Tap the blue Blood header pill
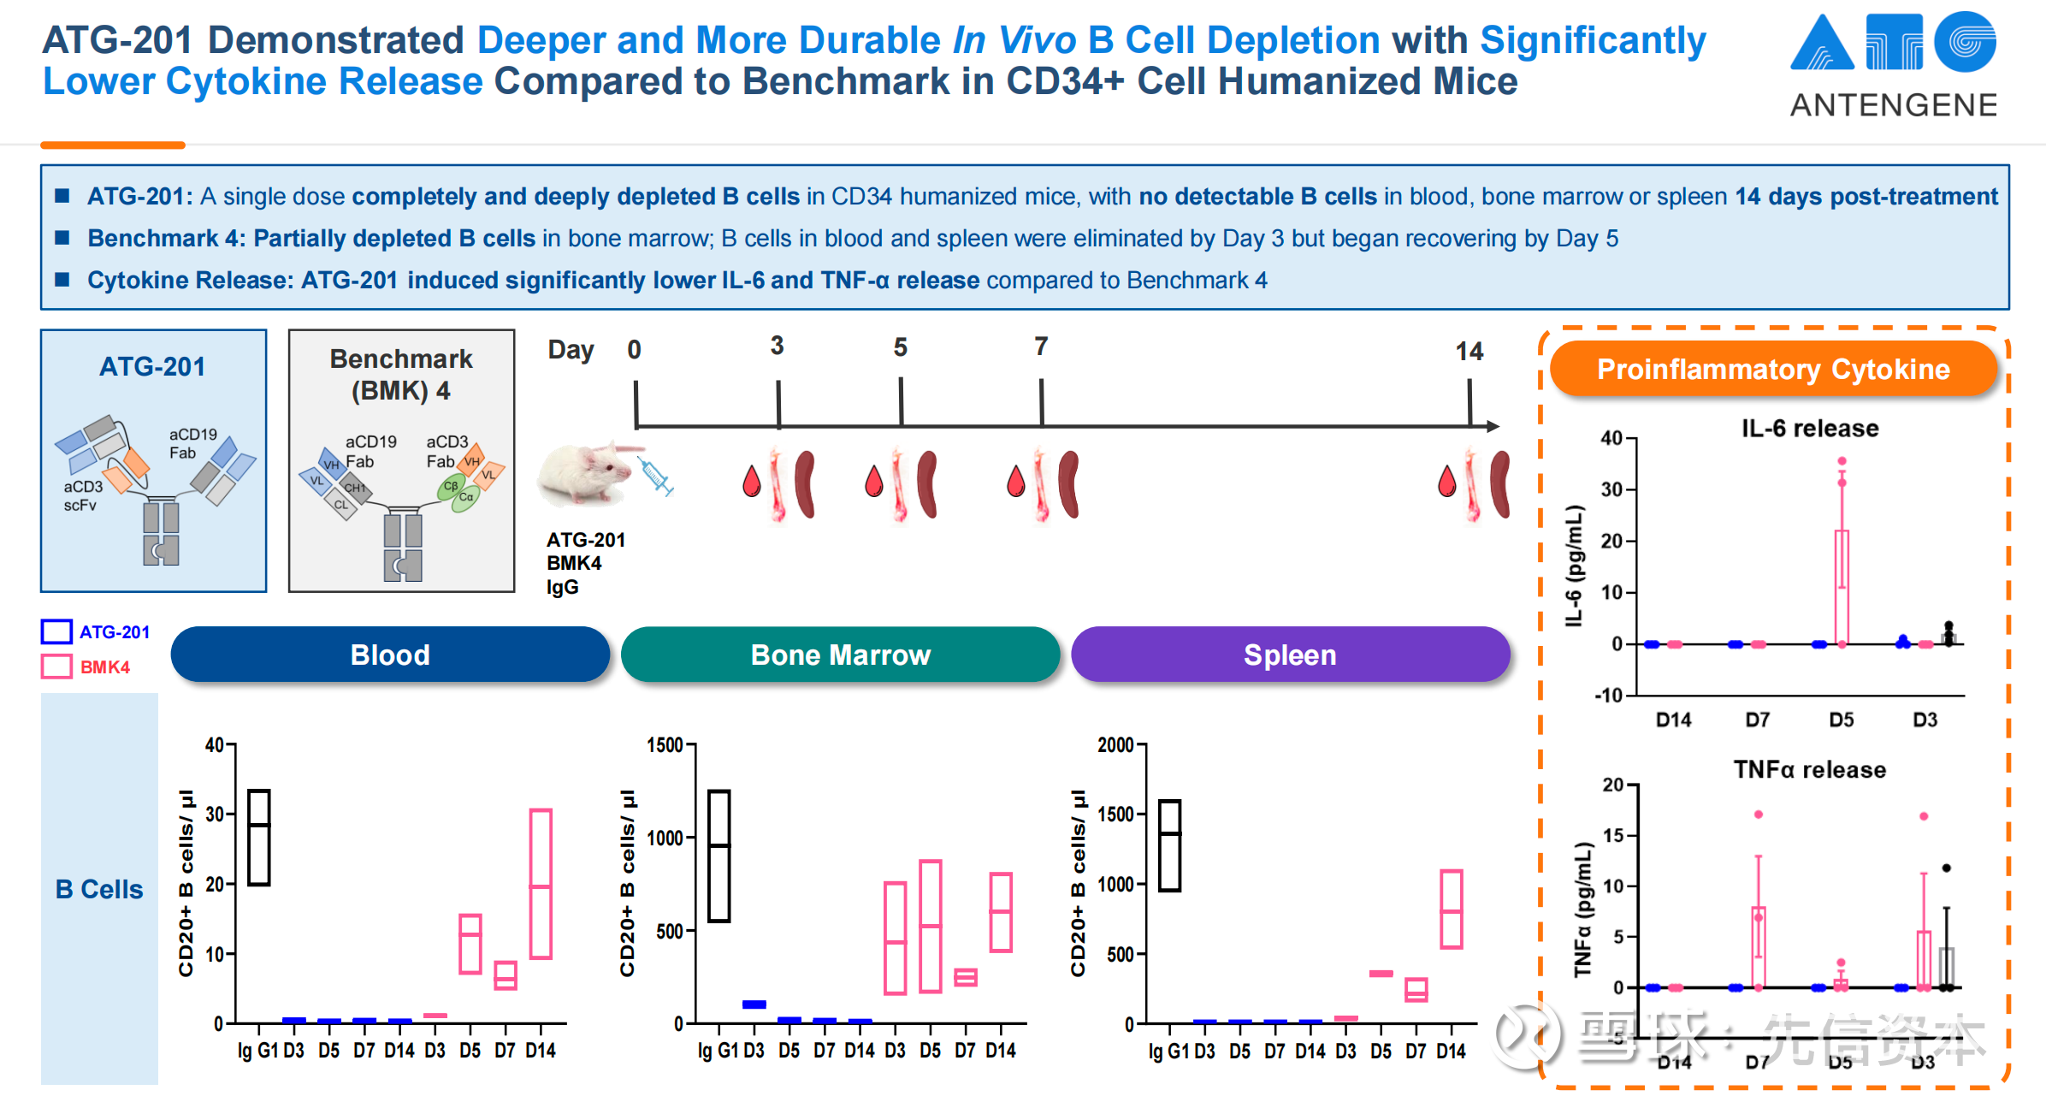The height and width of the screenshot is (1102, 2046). pyautogui.click(x=390, y=655)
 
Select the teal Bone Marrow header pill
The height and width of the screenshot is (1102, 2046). pyautogui.click(x=840, y=655)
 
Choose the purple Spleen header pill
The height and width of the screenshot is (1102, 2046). pyautogui.click(x=1290, y=655)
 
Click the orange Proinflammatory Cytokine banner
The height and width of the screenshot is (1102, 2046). pyautogui.click(x=1773, y=370)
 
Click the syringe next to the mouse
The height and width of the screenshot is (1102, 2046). pyautogui.click(x=657, y=476)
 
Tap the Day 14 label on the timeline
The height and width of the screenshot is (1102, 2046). pyautogui.click(x=1469, y=352)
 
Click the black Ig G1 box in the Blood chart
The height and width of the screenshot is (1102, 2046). pyautogui.click(x=259, y=838)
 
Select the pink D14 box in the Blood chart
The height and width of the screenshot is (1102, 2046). pyautogui.click(x=541, y=883)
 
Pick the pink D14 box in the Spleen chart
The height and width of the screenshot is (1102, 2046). pyautogui.click(x=1452, y=909)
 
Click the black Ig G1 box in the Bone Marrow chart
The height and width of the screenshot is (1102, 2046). pyautogui.click(x=719, y=856)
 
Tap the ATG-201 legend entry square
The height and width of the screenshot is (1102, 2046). pyautogui.click(x=56, y=632)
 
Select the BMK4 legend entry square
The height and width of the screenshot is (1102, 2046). pyautogui.click(x=56, y=667)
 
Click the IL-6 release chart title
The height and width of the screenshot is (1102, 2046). pyautogui.click(x=1810, y=429)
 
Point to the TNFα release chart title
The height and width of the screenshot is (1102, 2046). pyautogui.click(x=1810, y=770)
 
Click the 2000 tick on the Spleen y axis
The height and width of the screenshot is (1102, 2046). pyautogui.click(x=1115, y=745)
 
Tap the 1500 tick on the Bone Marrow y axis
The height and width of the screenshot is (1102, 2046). pyautogui.click(x=665, y=745)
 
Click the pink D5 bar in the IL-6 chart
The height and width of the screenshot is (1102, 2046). pyautogui.click(x=1842, y=587)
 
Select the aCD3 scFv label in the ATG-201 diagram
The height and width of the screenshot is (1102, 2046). pyautogui.click(x=83, y=495)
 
